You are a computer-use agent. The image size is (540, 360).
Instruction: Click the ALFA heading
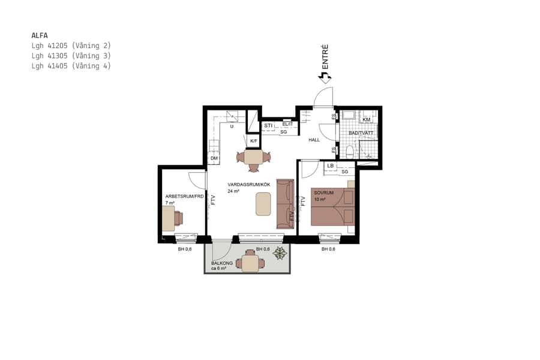(40, 35)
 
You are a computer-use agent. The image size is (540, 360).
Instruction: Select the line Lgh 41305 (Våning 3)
(71, 56)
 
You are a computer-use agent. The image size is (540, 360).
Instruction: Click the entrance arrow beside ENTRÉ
(325, 76)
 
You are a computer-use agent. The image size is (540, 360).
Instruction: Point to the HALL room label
(314, 140)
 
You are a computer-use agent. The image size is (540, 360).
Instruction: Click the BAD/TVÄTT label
(361, 133)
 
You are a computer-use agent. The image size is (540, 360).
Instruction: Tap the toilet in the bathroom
(349, 150)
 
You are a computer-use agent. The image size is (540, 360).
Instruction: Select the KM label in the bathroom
(367, 120)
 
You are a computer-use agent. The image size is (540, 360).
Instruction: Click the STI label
(268, 125)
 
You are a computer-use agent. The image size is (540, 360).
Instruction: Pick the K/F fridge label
(254, 141)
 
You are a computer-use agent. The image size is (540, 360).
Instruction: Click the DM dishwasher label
(214, 158)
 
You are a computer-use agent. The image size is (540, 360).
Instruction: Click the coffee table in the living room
(263, 203)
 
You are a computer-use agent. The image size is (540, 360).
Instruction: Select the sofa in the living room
(284, 203)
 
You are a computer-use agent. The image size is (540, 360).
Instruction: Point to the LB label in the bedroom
(331, 166)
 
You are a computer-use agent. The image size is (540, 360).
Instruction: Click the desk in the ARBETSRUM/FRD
(169, 220)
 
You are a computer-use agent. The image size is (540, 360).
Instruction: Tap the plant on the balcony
(280, 254)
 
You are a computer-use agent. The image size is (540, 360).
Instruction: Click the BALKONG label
(221, 263)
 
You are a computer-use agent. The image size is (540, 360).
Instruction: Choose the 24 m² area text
(233, 191)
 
